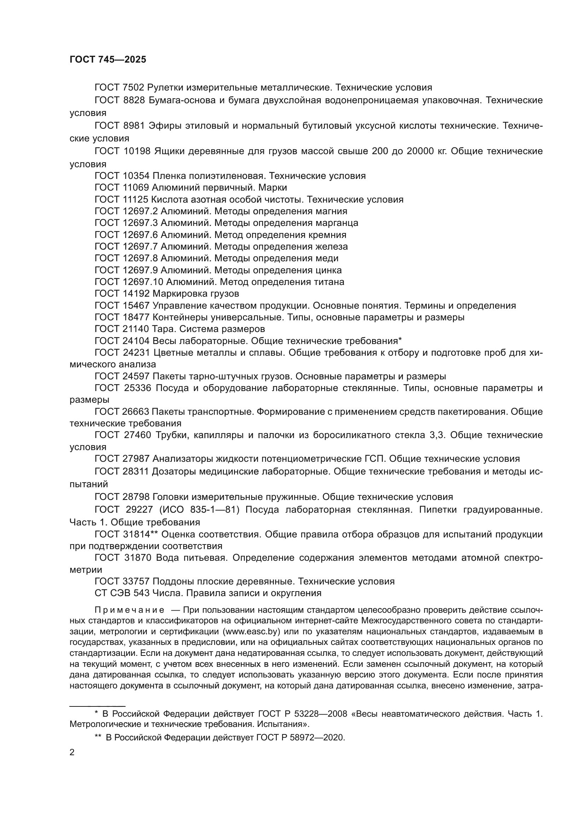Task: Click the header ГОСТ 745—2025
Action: point(108,60)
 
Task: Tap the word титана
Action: point(329,282)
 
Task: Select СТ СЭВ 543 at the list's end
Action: point(122,593)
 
